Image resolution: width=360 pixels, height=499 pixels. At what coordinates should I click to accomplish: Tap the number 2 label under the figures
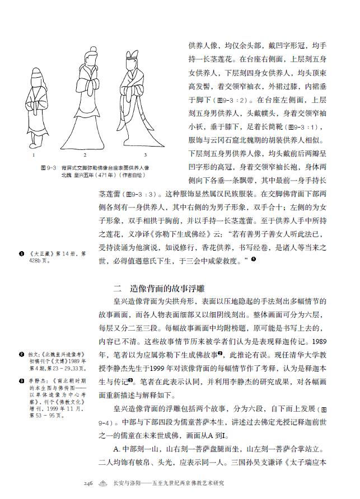pyautogui.click(x=85, y=154)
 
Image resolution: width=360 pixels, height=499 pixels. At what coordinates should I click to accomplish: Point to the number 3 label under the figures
pyautogui.click(x=145, y=154)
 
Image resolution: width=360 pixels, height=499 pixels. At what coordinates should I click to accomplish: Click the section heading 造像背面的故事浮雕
pyautogui.click(x=167, y=289)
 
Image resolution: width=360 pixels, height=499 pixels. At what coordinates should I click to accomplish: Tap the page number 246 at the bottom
pyautogui.click(x=88, y=483)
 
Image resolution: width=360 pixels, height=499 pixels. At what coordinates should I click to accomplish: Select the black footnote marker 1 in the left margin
pyautogui.click(x=21, y=254)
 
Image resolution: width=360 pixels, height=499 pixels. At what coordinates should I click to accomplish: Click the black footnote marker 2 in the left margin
pyautogui.click(x=21, y=354)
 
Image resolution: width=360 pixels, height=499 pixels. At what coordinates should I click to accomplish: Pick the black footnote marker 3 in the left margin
pyautogui.click(x=21, y=380)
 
